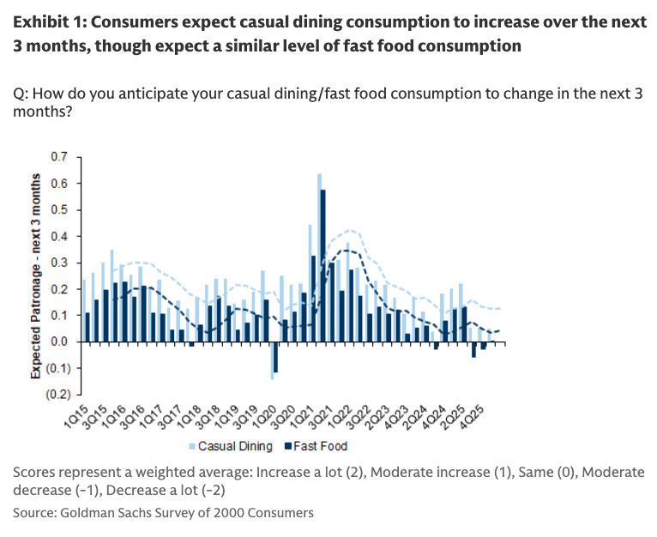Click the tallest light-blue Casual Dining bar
click(x=319, y=257)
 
